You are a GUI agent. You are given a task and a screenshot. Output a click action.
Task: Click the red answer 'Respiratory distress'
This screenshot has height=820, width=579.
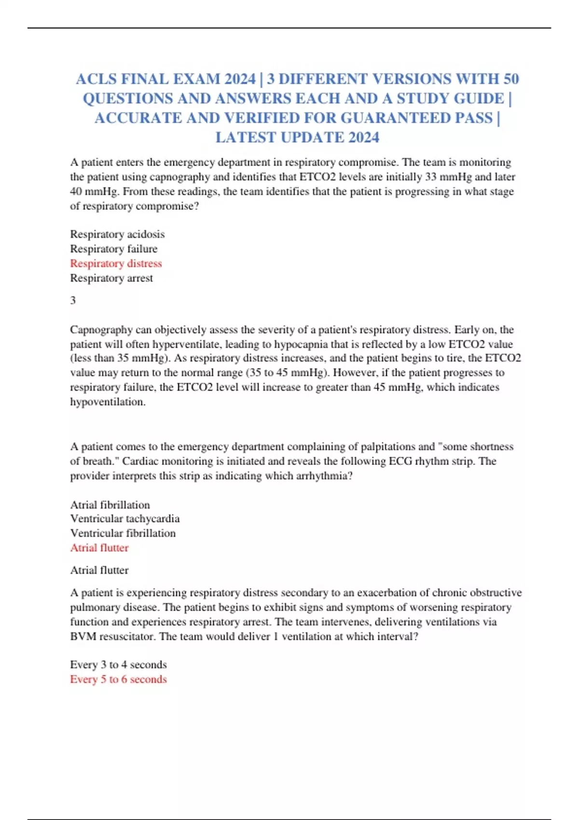(x=116, y=263)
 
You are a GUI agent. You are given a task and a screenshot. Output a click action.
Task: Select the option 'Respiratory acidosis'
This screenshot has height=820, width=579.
(x=117, y=234)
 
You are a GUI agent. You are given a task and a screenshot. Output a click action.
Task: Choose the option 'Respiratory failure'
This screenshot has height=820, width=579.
(x=113, y=249)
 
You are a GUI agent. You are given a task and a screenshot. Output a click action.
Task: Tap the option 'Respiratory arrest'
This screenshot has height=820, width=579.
(x=111, y=278)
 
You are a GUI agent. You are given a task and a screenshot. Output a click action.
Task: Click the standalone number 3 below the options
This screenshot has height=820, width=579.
(x=73, y=300)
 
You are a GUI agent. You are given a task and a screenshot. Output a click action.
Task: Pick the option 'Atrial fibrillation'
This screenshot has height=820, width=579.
(x=110, y=505)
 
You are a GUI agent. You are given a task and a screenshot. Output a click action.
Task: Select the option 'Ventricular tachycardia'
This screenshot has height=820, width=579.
(x=124, y=519)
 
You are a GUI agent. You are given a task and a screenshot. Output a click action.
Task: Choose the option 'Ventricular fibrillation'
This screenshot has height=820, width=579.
(x=123, y=533)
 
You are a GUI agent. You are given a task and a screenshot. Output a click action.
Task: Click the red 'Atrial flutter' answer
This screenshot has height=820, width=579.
(x=99, y=547)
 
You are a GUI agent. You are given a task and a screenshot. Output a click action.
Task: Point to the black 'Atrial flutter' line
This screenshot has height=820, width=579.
(x=99, y=570)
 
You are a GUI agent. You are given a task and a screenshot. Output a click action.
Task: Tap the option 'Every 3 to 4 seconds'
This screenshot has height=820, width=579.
(x=118, y=664)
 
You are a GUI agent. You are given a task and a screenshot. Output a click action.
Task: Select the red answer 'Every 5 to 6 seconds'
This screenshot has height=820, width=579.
(x=118, y=679)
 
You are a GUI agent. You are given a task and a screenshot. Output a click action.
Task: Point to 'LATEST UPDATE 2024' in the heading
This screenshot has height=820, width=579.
(x=297, y=137)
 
